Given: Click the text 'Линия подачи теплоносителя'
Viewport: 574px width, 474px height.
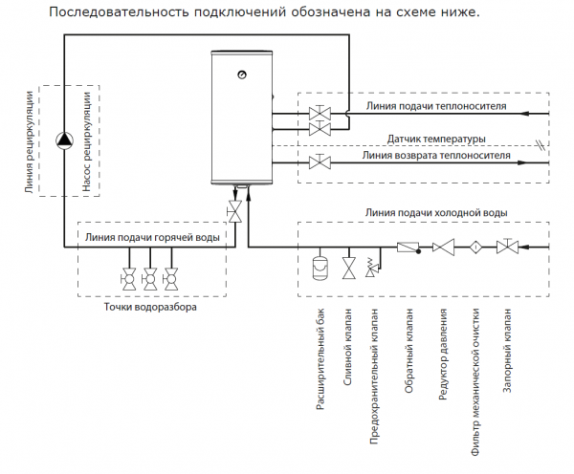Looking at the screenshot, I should [435, 105].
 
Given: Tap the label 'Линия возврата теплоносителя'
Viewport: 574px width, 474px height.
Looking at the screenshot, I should [435, 154].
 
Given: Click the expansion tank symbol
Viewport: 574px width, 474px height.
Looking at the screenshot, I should [320, 264].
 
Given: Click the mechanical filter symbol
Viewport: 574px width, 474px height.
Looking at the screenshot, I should [474, 248].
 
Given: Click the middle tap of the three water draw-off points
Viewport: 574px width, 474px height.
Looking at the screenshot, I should [149, 279].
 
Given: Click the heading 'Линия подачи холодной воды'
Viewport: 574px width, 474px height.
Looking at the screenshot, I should [435, 212].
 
